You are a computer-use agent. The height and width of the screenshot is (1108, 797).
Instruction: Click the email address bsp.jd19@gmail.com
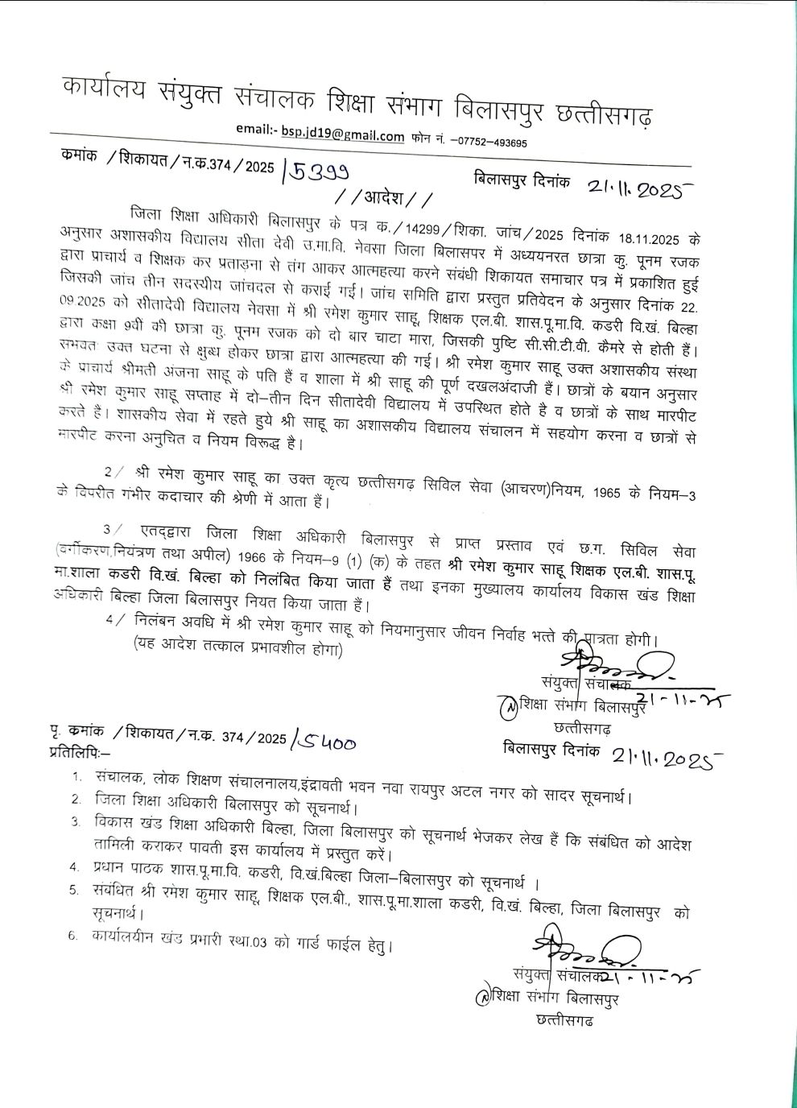tap(342, 136)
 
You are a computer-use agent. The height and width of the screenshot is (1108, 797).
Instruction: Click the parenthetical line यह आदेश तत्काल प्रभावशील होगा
tap(238, 651)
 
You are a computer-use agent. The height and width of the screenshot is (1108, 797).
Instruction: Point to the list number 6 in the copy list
tap(73, 936)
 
